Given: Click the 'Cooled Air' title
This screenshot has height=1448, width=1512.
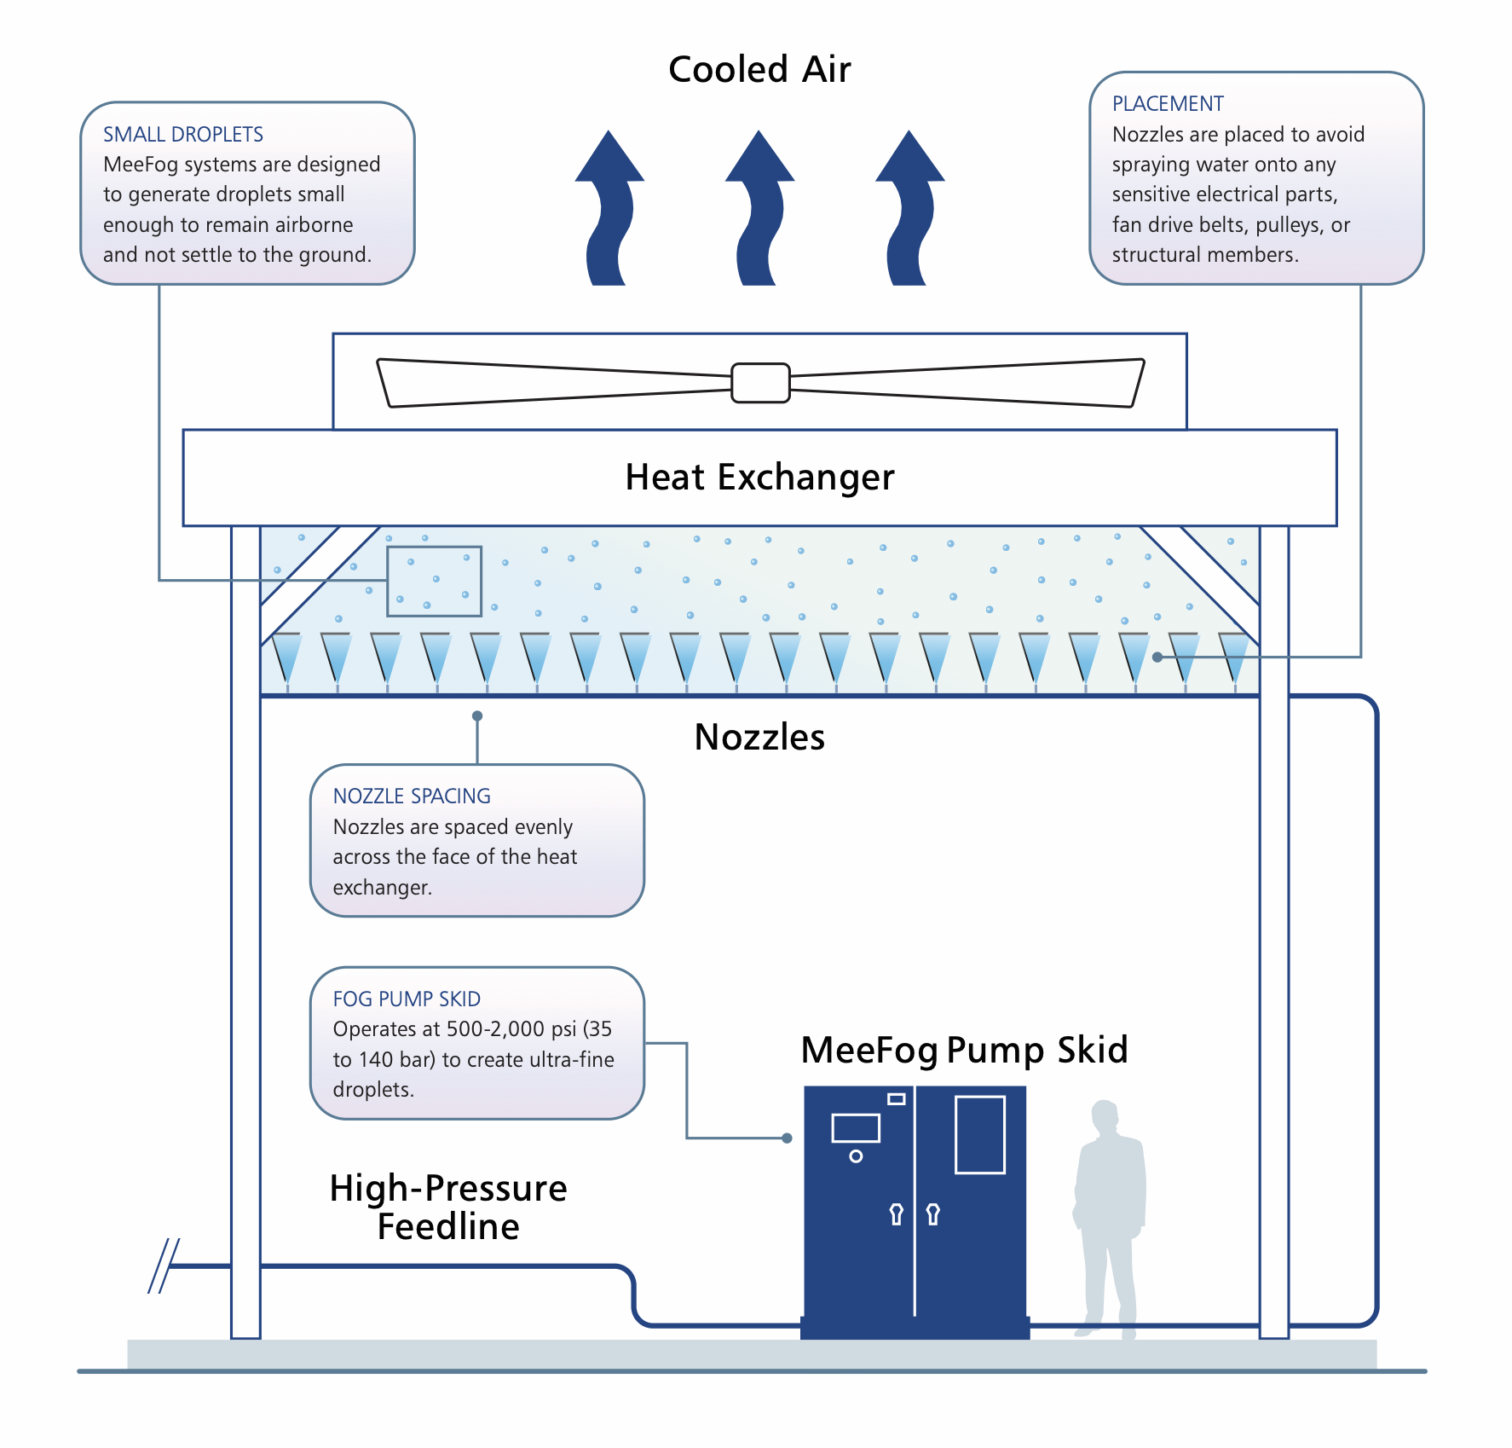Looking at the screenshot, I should (x=759, y=69).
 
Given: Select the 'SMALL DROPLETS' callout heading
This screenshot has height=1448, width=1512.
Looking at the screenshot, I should (x=183, y=134).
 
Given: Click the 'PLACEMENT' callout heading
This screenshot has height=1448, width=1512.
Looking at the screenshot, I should (x=1168, y=103).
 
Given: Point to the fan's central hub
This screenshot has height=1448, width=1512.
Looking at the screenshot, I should (x=760, y=383).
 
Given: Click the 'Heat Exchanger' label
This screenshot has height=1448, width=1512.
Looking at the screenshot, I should (x=759, y=478).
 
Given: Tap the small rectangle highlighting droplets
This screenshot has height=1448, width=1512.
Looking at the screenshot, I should (x=434, y=581).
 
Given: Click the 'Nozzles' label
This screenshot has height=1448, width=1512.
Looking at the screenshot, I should (x=759, y=737).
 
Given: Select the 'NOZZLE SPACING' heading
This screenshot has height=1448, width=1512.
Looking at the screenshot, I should (x=412, y=796).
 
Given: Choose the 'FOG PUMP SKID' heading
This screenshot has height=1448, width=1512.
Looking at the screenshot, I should (x=407, y=999).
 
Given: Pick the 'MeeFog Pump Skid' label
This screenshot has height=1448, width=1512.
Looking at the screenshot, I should (x=964, y=1050).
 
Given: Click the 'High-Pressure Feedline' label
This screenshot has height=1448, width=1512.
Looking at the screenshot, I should (x=448, y=1207).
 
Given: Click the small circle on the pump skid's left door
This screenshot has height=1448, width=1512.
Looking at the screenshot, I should (x=856, y=1156).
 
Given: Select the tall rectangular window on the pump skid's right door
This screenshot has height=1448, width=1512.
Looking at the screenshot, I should (x=980, y=1135).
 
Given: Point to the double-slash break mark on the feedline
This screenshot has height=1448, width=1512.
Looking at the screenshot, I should (x=164, y=1266).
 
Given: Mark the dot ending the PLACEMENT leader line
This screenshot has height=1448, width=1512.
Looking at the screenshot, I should (x=1157, y=657).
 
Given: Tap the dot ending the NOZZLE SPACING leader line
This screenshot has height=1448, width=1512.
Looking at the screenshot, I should (x=477, y=715).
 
